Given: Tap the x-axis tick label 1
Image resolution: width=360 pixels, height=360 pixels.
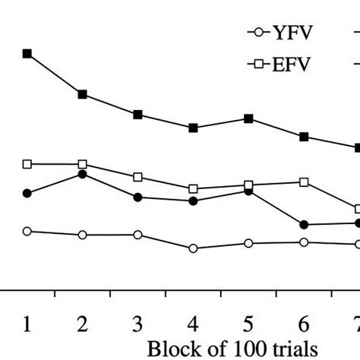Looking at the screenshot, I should tap(27, 324).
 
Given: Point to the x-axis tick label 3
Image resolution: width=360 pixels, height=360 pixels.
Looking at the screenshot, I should tap(137, 324).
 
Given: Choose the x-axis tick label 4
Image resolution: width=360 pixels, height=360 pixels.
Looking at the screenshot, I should tap(193, 324).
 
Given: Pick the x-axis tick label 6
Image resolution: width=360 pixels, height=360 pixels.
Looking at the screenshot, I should tap(304, 324).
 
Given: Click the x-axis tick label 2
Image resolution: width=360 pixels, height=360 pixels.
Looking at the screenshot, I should tap(82, 324).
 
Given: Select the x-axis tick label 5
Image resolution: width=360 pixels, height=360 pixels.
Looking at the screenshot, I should tap(248, 324).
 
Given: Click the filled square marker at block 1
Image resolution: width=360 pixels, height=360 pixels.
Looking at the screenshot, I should tap(27, 54).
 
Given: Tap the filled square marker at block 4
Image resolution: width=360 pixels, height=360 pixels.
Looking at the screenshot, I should tap(193, 128).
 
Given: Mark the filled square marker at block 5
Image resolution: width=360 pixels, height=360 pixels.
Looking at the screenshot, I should tap(248, 118).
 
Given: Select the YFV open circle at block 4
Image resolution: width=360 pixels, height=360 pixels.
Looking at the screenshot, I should tap(193, 248).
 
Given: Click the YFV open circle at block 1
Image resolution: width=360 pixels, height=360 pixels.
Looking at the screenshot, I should tap(27, 231).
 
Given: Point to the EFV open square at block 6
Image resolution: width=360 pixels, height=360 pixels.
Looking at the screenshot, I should tap(304, 182).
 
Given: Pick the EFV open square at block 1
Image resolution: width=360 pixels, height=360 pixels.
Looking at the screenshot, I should tap(27, 164).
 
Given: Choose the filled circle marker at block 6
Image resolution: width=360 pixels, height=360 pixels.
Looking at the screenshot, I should tap(304, 225).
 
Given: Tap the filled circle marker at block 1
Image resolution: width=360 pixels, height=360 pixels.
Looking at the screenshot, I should tap(27, 194).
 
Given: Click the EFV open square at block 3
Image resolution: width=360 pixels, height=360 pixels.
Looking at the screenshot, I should tap(137, 177).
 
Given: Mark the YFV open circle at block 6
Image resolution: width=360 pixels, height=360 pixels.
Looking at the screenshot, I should tap(304, 242).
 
